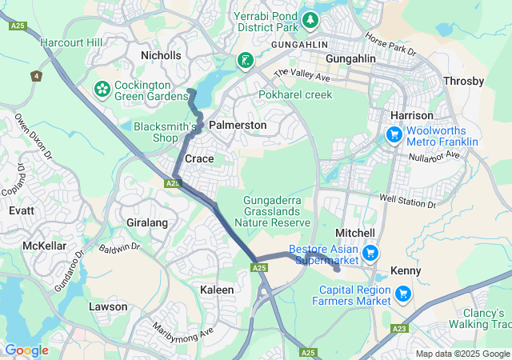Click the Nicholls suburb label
tap(161, 55)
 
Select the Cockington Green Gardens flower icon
tap(102, 86)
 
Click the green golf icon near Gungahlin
tap(245, 60)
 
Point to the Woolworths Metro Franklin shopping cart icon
tap(394, 134)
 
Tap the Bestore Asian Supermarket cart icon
tap(370, 254)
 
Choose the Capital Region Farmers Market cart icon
tap(403, 294)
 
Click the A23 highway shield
tap(400, 328)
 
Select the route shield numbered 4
tap(36, 76)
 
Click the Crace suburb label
tap(199, 158)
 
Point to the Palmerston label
tap(238, 126)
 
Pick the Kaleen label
tap(217, 289)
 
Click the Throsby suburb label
tap(463, 82)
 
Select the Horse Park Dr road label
tap(391, 43)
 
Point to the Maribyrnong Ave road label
tap(184, 330)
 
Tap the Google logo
tap(26, 350)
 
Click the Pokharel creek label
tap(295, 94)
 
